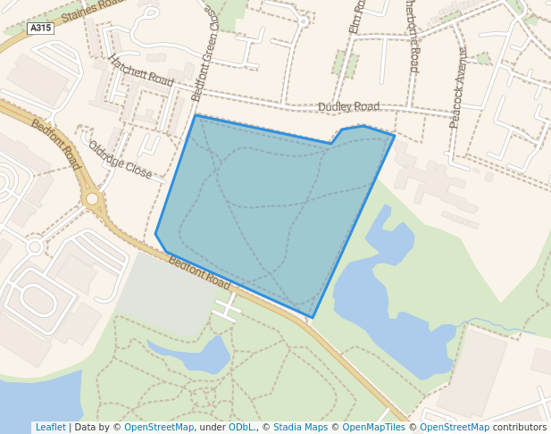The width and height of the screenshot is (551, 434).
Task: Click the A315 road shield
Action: (40, 29)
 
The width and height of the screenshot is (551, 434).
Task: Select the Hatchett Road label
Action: (141, 71)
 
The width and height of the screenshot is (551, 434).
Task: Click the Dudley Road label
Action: (348, 106)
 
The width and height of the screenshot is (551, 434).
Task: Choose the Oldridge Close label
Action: (121, 158)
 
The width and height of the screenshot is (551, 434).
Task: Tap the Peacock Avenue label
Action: (459, 88)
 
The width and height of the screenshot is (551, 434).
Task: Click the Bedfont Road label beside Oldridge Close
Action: (55, 145)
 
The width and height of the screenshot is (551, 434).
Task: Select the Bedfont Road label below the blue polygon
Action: (199, 273)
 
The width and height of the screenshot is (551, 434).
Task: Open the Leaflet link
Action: (50, 427)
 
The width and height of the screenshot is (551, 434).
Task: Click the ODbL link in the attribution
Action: (241, 427)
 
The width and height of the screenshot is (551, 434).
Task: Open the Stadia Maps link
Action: (302, 427)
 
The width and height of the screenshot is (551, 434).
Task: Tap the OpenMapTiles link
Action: (372, 427)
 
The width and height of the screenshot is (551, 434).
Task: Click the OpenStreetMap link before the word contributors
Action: (455, 427)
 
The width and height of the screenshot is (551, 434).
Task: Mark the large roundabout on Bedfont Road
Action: (92, 199)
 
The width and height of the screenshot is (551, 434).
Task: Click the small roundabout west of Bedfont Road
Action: (35, 246)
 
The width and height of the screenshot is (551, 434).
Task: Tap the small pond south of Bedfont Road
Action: (204, 355)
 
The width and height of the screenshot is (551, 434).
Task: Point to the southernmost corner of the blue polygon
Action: (312, 317)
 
